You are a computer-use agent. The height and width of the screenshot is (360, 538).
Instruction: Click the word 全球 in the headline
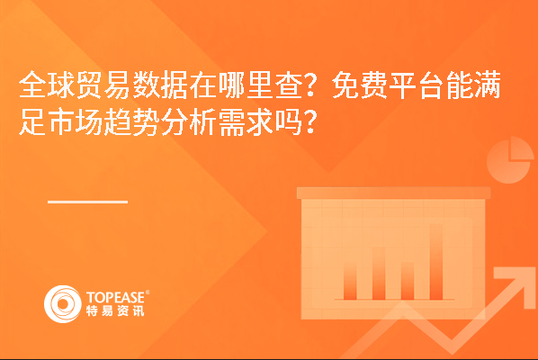point(47,85)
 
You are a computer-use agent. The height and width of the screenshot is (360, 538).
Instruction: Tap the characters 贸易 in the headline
point(104,85)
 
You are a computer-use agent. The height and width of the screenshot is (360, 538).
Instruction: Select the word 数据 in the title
point(160,85)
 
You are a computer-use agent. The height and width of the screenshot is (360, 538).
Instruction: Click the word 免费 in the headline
point(360,85)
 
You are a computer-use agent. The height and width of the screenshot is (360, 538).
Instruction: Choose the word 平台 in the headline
point(417,85)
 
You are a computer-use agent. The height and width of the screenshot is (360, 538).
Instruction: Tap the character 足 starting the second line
point(33,121)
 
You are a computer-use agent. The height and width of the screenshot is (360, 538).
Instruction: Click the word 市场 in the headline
point(76,121)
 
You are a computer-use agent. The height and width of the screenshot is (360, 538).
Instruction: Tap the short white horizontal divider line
point(88,202)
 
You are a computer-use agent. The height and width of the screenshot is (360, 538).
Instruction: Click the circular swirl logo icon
point(63,304)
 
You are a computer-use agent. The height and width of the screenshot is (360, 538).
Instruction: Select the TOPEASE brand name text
point(116,297)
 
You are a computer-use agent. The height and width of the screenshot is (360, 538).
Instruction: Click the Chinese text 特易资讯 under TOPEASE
point(115,310)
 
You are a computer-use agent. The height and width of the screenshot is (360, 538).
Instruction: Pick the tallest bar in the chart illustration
point(436,262)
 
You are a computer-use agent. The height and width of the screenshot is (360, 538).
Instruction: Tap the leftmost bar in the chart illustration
point(350,280)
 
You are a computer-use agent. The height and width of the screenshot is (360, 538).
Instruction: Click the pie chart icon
point(510,160)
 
